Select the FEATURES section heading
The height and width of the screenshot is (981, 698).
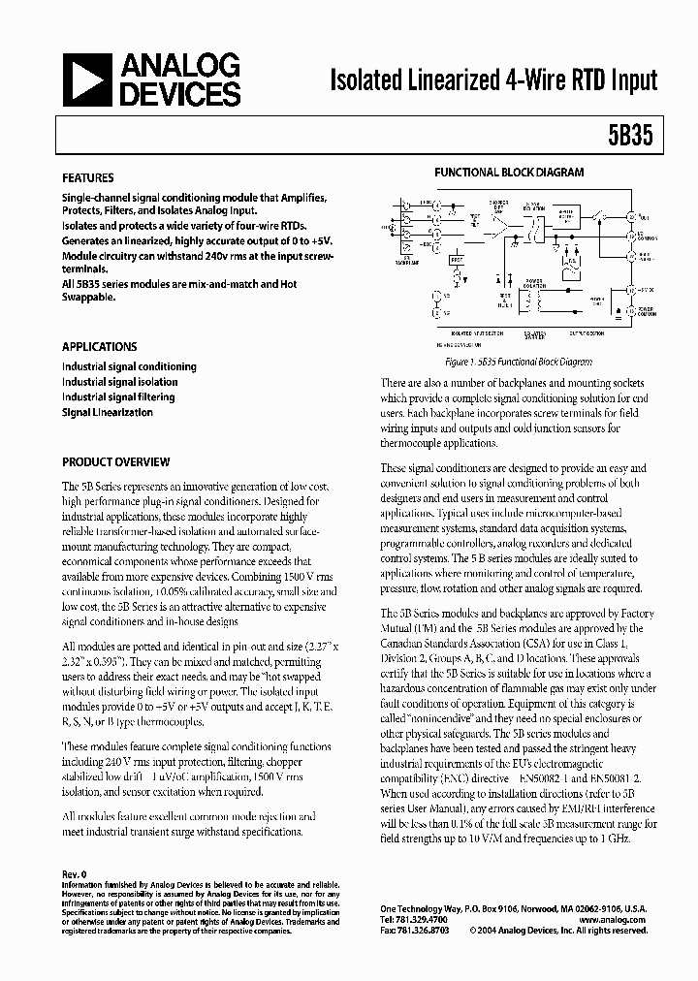(x=87, y=178)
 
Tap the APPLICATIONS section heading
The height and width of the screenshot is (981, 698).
(x=99, y=346)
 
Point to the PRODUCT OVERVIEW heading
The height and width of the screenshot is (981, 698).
(x=115, y=462)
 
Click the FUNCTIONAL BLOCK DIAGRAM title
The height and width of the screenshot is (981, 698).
(x=508, y=172)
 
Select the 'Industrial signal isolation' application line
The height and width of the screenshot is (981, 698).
(x=119, y=382)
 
